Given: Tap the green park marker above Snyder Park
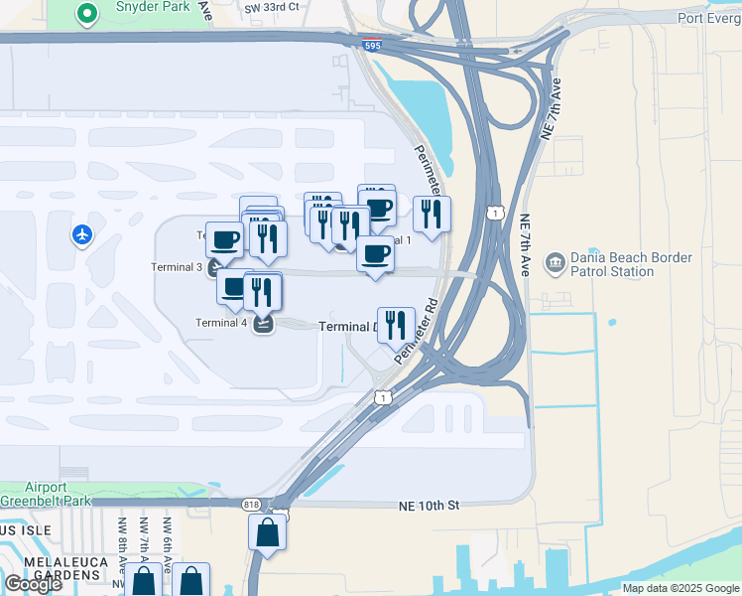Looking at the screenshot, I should pos(87,14).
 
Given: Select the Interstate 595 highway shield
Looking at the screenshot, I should pos(371,45).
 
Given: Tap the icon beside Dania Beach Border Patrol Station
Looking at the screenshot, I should pos(555,263).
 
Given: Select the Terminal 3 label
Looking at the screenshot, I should pos(177,267).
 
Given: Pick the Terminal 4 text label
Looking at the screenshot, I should pos(221,322).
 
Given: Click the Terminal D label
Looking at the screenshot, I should pos(347,327).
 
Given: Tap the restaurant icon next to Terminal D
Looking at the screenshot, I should pos(396,324).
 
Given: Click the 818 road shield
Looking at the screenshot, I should pos(252,505).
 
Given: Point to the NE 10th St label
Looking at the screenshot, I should pos(429,505).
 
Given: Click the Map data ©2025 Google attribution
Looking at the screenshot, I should pos(680,588).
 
